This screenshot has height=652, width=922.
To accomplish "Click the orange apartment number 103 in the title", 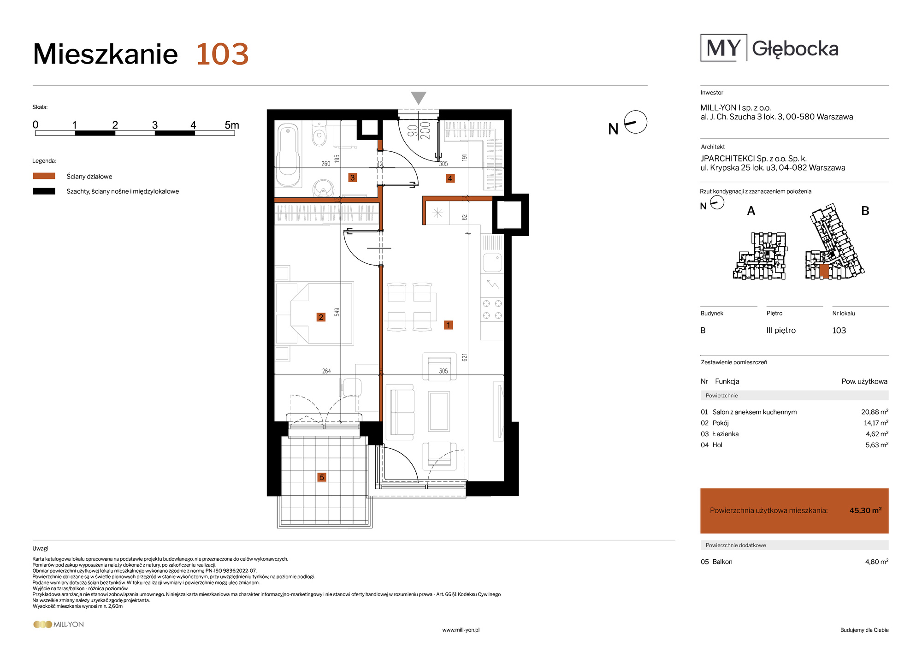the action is click(222, 54).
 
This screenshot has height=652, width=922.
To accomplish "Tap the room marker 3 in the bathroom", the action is click(353, 178).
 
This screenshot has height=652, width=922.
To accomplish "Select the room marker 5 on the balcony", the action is click(322, 477).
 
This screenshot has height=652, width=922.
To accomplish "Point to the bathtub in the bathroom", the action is click(289, 155).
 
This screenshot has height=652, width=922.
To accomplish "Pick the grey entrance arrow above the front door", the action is click(419, 98).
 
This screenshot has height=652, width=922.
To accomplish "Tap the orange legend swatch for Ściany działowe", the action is click(44, 176).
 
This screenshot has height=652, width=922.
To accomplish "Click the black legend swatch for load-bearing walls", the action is click(44, 191).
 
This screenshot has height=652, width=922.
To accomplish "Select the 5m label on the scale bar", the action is click(232, 125).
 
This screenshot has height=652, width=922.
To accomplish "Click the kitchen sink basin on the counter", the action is click(492, 263).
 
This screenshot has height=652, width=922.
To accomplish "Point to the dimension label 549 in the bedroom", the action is click(337, 312).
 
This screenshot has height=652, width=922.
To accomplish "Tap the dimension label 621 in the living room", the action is click(465, 357).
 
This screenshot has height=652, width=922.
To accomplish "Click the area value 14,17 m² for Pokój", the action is click(876, 423).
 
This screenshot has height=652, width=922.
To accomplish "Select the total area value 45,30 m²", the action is click(865, 510).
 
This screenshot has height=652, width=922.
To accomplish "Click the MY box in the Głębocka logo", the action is click(724, 47).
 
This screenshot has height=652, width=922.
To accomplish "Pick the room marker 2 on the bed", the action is click(321, 317).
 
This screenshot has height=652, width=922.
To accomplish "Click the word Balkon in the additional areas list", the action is click(722, 562).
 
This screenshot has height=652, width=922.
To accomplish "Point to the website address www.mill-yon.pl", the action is click(461, 630).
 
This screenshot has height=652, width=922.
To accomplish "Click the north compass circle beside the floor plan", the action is click(636, 122).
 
